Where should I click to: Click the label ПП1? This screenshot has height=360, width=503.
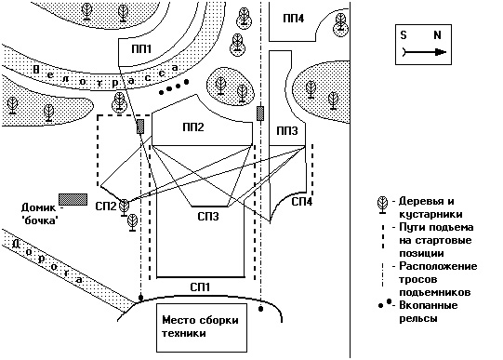tap(141, 49)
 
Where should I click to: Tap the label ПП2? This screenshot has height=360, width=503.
tap(193, 127)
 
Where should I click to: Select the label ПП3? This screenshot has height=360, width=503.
tap(286, 130)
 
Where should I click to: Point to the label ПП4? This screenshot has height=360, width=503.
tap(293, 19)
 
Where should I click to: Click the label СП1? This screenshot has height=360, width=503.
tap(200, 287)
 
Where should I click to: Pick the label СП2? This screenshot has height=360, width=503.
tap(106, 206)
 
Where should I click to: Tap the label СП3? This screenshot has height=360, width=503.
tap(208, 216)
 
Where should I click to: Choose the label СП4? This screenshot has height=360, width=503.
tap(301, 202)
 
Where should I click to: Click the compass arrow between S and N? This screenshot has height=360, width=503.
tap(424, 52)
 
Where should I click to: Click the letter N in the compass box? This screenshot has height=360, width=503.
tap(437, 34)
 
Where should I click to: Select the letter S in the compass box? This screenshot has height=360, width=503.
tap(404, 34)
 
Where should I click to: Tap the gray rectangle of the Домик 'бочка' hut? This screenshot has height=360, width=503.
tap(73, 199)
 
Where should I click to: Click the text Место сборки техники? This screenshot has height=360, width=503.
tap(200, 327)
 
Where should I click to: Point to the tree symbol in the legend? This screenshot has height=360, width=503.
tap(382, 205)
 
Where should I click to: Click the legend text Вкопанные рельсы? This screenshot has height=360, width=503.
tap(429, 312)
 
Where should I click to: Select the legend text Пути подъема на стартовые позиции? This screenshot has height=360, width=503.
tap(436, 240)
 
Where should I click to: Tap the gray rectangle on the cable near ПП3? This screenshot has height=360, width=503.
tap(260, 113)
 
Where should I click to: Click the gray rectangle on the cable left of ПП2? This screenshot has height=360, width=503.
tap(140, 127)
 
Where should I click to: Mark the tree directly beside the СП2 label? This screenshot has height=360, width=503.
tap(125, 207)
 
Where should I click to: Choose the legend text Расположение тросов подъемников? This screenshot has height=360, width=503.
tap(438, 279)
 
